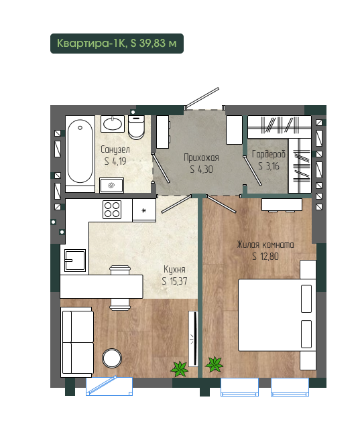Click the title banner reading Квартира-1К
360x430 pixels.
click(x=117, y=44)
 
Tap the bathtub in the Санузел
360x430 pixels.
click(x=80, y=154)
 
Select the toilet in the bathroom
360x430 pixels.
click(x=136, y=127)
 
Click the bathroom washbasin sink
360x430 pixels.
click(x=113, y=124)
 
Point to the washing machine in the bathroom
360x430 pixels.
click(x=111, y=186)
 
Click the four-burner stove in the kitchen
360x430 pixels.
click(x=112, y=210)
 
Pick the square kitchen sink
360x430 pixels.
click(x=75, y=261)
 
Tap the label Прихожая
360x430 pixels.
click(x=201, y=157)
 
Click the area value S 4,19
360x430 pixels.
click(x=115, y=161)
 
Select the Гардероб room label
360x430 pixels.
click(x=268, y=154)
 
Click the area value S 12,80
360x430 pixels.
click(x=265, y=257)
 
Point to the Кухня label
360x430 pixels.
click(x=174, y=269)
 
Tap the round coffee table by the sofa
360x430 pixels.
click(x=112, y=358)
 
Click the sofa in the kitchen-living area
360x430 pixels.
click(x=77, y=342)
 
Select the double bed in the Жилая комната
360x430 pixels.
click(x=277, y=315)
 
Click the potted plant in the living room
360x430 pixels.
click(x=215, y=364)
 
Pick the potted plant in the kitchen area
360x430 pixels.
click(x=180, y=368)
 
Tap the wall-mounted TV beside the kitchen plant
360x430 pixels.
click(x=194, y=339)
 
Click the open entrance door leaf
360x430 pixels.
click(x=202, y=97)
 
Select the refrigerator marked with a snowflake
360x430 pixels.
click(x=144, y=210)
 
